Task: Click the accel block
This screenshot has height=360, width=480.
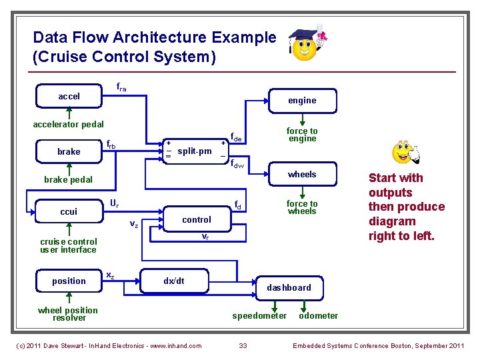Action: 69,97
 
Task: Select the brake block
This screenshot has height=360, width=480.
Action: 69,151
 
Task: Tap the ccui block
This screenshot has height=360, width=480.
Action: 69,211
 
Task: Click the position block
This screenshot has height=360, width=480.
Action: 69,281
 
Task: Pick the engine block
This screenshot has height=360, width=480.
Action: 302,101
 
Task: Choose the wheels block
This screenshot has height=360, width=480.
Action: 302,175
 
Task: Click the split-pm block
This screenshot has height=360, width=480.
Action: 195,151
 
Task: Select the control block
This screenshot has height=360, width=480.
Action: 196,220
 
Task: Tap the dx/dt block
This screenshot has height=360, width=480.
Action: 174,281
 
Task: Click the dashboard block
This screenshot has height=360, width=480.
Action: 289,287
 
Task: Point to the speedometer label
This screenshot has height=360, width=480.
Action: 259,316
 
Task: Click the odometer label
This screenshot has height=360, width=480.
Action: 318,316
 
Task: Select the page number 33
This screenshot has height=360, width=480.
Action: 243,345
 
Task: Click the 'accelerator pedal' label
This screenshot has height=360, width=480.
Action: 69,125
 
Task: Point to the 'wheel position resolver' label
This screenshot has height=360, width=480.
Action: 68,314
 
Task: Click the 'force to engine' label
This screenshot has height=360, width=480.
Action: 302,135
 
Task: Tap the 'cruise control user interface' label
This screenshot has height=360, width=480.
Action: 68,246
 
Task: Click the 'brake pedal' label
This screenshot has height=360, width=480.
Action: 69,180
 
